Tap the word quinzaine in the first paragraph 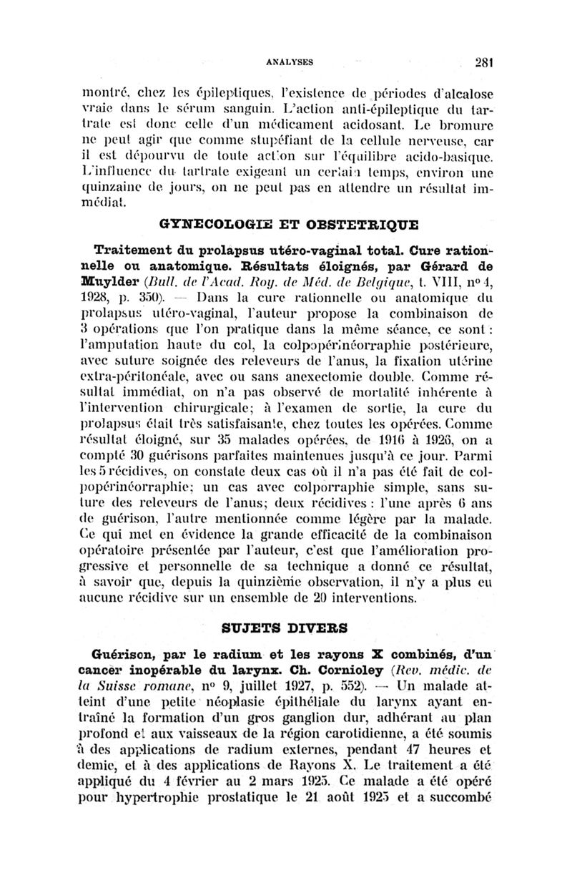click(x=126, y=190)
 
